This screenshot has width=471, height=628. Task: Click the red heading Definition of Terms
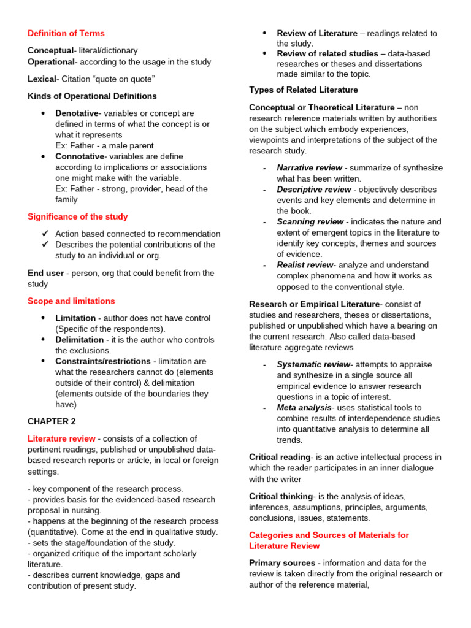(x=66, y=33)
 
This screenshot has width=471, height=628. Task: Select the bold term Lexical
(x=41, y=79)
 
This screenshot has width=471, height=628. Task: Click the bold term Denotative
(x=77, y=113)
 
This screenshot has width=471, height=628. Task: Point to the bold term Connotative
(x=80, y=156)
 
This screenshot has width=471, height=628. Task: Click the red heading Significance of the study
(x=78, y=216)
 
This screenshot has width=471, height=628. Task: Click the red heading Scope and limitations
(x=71, y=301)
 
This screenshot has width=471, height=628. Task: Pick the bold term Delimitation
(x=79, y=339)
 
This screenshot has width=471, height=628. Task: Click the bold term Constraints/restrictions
(x=102, y=361)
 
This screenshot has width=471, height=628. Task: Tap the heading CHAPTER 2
(x=52, y=421)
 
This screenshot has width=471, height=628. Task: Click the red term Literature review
(x=61, y=438)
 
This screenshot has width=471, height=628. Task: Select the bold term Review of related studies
(x=327, y=53)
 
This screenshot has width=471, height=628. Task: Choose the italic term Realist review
(x=304, y=264)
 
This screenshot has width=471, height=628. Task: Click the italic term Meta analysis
(x=304, y=407)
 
